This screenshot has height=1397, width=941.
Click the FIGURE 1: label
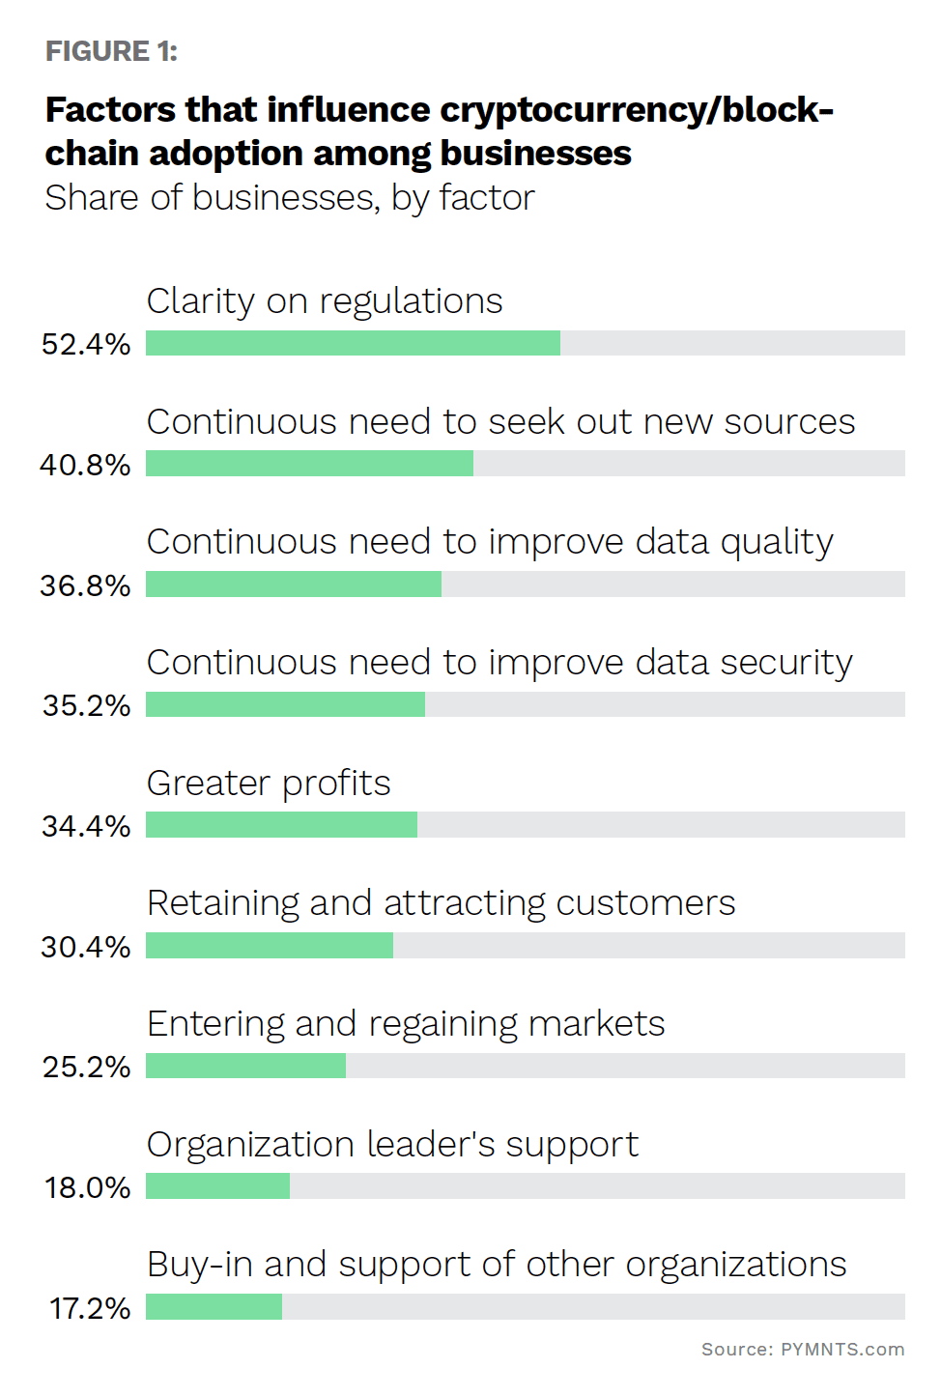tap(111, 51)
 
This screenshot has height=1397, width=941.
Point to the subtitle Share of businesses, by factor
tap(289, 198)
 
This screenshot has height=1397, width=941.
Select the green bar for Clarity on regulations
tap(353, 343)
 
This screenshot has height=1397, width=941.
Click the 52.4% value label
tap(86, 344)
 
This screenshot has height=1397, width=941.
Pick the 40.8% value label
tap(85, 465)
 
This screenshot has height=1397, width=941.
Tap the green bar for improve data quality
tap(294, 584)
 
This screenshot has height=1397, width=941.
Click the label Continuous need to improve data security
tap(499, 663)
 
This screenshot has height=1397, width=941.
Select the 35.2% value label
tap(86, 705)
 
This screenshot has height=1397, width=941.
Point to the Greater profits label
tap(269, 783)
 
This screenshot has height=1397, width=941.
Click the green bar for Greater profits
tap(281, 825)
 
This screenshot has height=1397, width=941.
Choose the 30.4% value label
tap(85, 947)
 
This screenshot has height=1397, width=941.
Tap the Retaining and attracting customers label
tap(441, 903)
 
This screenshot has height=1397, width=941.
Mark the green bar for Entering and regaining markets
tap(245, 1066)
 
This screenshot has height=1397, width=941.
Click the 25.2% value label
tap(86, 1067)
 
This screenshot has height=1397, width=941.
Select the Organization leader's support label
tap(392, 1145)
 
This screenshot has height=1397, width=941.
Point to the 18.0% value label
tap(87, 1187)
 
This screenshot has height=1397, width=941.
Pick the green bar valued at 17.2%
tap(214, 1307)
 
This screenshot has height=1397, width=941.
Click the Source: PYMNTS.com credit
tap(802, 1350)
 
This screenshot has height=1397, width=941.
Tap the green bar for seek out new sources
tap(309, 464)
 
